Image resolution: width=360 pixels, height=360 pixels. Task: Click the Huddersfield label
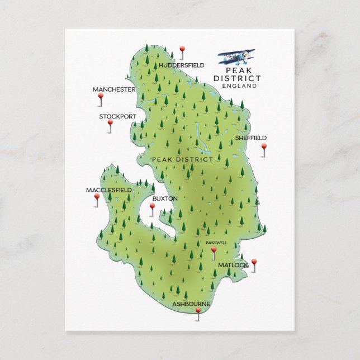point(181,65)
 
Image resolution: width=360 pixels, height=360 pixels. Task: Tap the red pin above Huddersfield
point(182,50)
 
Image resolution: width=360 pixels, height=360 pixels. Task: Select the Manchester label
point(114,89)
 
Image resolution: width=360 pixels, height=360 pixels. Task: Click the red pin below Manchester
point(101,97)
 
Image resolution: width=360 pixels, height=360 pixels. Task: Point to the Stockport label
point(117,116)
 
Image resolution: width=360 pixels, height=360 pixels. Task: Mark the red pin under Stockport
point(110,124)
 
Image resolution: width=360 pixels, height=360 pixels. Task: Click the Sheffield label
point(250,138)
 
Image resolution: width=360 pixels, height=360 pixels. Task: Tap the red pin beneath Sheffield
point(264,147)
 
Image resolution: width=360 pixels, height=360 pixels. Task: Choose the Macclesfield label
point(109,190)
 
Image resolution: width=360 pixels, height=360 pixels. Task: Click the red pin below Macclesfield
point(97,197)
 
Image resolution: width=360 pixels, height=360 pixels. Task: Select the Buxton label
point(165,198)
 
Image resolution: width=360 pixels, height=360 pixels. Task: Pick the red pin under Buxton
point(152,206)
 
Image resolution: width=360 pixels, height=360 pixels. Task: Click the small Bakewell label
point(216,243)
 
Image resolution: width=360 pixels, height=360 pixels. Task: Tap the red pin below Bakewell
point(214,251)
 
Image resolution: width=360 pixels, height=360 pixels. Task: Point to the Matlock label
point(233,265)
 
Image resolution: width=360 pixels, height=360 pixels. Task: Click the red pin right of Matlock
point(254,262)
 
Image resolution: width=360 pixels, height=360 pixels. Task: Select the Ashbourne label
point(191,304)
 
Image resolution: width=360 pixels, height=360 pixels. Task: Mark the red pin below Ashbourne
point(197,311)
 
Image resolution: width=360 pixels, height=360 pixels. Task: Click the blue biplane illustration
point(236,56)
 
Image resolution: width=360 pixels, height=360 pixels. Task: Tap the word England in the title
point(239,86)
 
